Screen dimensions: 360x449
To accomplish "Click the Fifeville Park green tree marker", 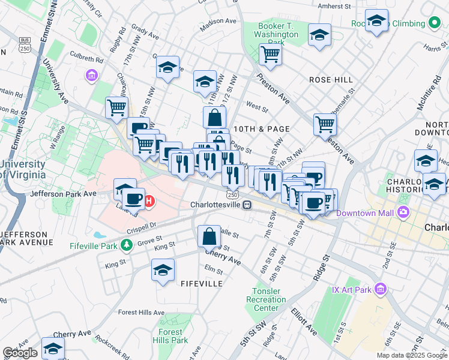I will [126, 244].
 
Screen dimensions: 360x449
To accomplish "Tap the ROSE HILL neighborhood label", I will [331, 80].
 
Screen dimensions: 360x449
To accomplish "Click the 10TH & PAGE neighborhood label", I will [262, 129].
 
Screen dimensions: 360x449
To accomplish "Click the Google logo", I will [20, 353].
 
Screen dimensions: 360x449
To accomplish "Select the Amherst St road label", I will [334, 6].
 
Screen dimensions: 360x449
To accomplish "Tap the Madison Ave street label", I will [218, 21].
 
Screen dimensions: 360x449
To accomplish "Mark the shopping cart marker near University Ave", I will [116, 107].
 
